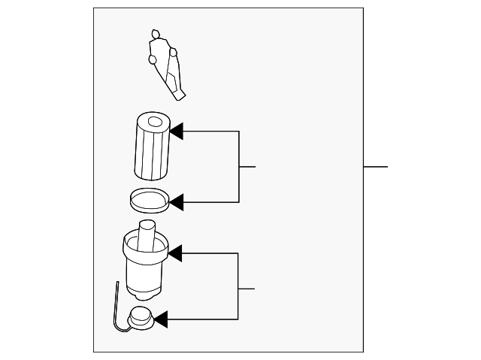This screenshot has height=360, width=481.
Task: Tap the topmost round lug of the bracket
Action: click(x=156, y=34)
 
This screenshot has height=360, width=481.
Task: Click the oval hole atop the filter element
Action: click(x=156, y=121)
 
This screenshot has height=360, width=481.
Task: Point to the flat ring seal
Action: click(x=147, y=199)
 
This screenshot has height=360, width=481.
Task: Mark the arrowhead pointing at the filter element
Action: click(x=177, y=132)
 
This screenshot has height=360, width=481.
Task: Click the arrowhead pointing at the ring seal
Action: click(x=177, y=201)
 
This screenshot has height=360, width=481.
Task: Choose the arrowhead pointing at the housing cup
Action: click(x=175, y=254)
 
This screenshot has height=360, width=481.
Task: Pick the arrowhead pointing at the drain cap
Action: click(x=160, y=320)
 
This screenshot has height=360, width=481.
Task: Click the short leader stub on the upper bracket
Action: click(x=247, y=166)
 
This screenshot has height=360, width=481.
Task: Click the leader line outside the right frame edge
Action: click(x=376, y=166)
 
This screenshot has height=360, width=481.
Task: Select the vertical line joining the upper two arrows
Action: click(x=239, y=167)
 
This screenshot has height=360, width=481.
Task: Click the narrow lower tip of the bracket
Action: click(x=180, y=96)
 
